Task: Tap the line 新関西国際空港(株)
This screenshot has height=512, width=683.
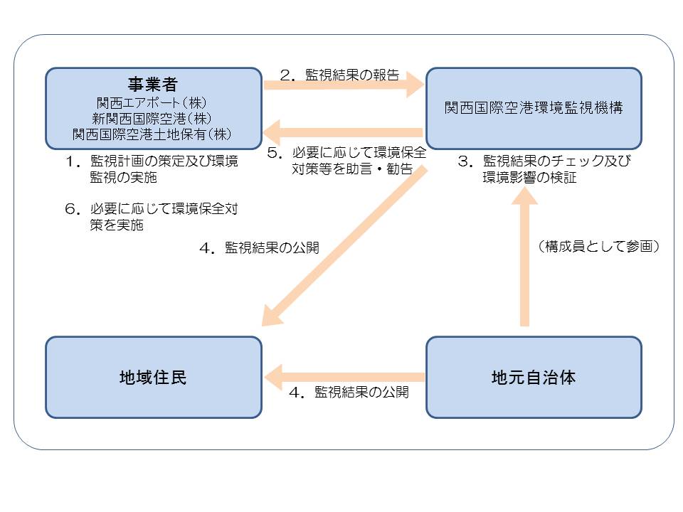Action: pos(152,117)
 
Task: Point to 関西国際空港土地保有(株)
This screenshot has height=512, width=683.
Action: pos(152,133)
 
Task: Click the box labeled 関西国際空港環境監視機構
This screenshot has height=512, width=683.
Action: pos(534,108)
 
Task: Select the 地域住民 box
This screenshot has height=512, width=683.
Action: pos(153,377)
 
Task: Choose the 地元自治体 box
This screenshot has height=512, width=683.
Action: pos(534,377)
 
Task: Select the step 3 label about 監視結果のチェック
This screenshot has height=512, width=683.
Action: pos(544,169)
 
